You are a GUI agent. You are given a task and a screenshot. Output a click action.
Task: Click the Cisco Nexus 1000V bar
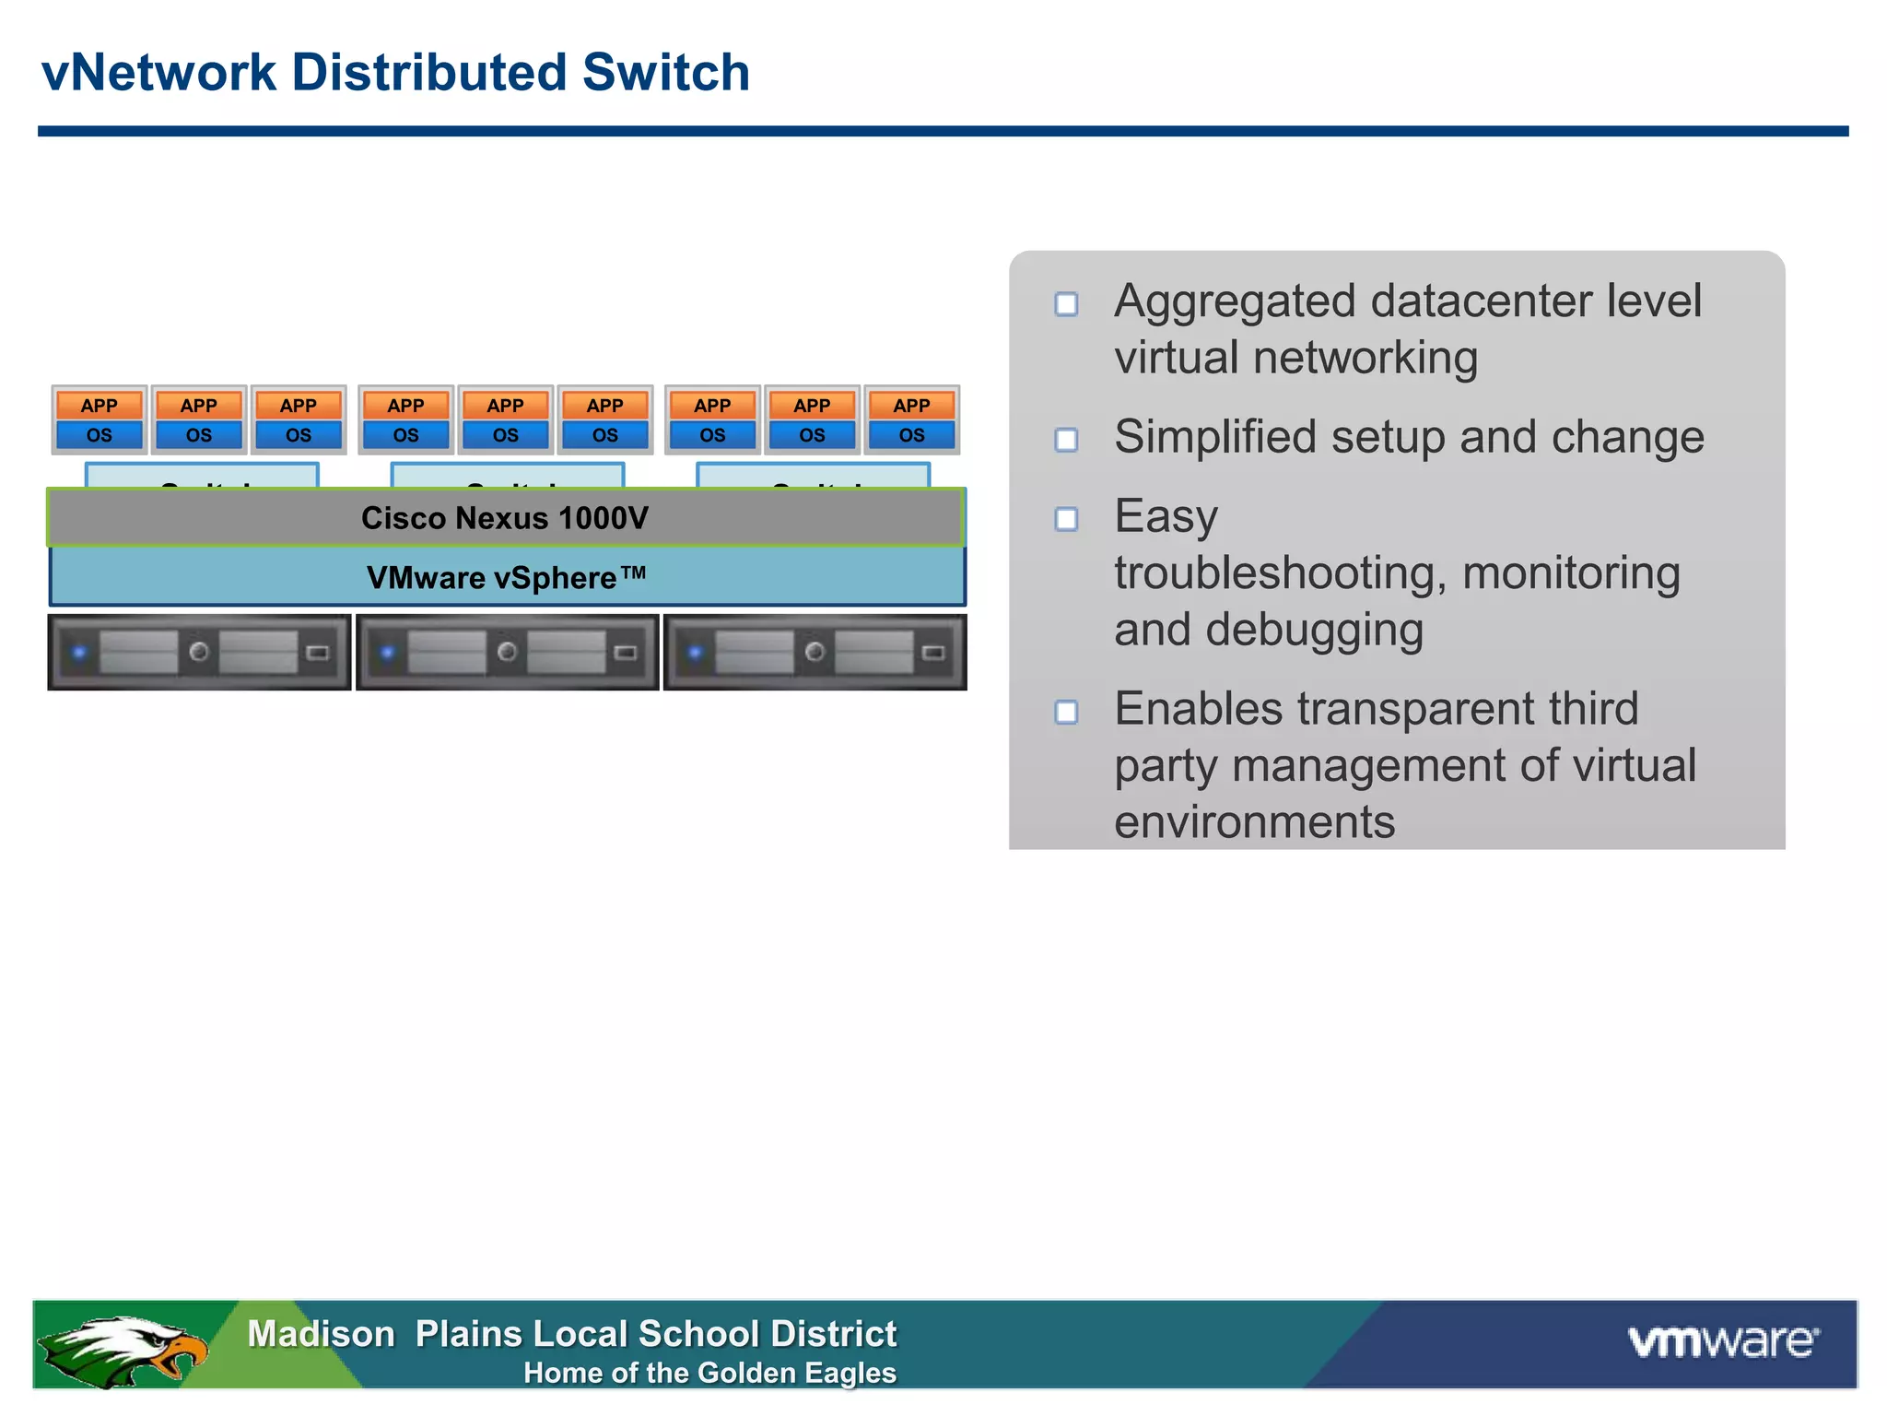(x=505, y=518)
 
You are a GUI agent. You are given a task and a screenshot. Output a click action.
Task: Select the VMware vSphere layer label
(x=506, y=578)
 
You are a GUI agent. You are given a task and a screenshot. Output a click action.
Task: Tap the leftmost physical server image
(x=199, y=653)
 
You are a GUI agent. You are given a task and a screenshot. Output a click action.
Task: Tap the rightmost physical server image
(x=815, y=653)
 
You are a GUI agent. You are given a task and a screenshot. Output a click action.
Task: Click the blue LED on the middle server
(x=388, y=653)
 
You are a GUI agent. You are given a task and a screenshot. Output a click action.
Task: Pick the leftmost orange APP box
(x=99, y=406)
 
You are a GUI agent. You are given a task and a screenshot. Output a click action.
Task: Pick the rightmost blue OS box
(x=911, y=435)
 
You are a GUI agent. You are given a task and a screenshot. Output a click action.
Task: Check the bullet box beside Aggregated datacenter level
(x=1066, y=304)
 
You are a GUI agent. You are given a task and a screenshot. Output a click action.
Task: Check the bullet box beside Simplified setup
(x=1066, y=440)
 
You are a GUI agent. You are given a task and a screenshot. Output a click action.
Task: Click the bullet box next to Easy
(x=1066, y=519)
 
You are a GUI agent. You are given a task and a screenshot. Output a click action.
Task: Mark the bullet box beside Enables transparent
(x=1066, y=712)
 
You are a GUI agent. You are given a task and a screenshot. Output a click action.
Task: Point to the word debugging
(x=1315, y=631)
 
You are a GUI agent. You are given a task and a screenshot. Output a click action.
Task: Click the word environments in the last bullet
(x=1254, y=821)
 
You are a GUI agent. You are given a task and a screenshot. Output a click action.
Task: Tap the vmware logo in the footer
(x=1722, y=1341)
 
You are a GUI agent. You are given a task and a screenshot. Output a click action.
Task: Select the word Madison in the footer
(x=321, y=1334)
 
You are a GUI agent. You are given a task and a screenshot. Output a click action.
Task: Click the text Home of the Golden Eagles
(x=709, y=1374)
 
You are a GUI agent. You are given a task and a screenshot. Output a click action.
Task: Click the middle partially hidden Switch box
(x=508, y=476)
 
